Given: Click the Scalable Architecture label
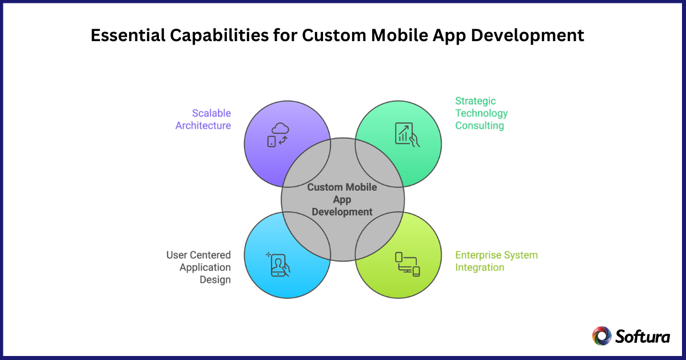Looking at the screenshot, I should pos(203,119).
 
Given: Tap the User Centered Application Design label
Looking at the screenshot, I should pos(199,267).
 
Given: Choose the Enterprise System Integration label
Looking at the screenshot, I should pos(496,261).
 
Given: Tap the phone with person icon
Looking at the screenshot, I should pos(278,263).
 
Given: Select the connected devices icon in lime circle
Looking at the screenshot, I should pos(407,263).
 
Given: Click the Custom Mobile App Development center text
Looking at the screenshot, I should pos(342,199).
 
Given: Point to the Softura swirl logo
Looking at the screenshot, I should pos(601,336).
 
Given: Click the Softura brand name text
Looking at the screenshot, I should pos(643,337).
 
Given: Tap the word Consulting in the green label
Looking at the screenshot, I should pos(480,126).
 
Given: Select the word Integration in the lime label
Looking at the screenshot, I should pos(480,267).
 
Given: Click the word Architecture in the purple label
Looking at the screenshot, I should pos(203,126).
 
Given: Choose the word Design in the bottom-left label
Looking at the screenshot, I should pos(217,279).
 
